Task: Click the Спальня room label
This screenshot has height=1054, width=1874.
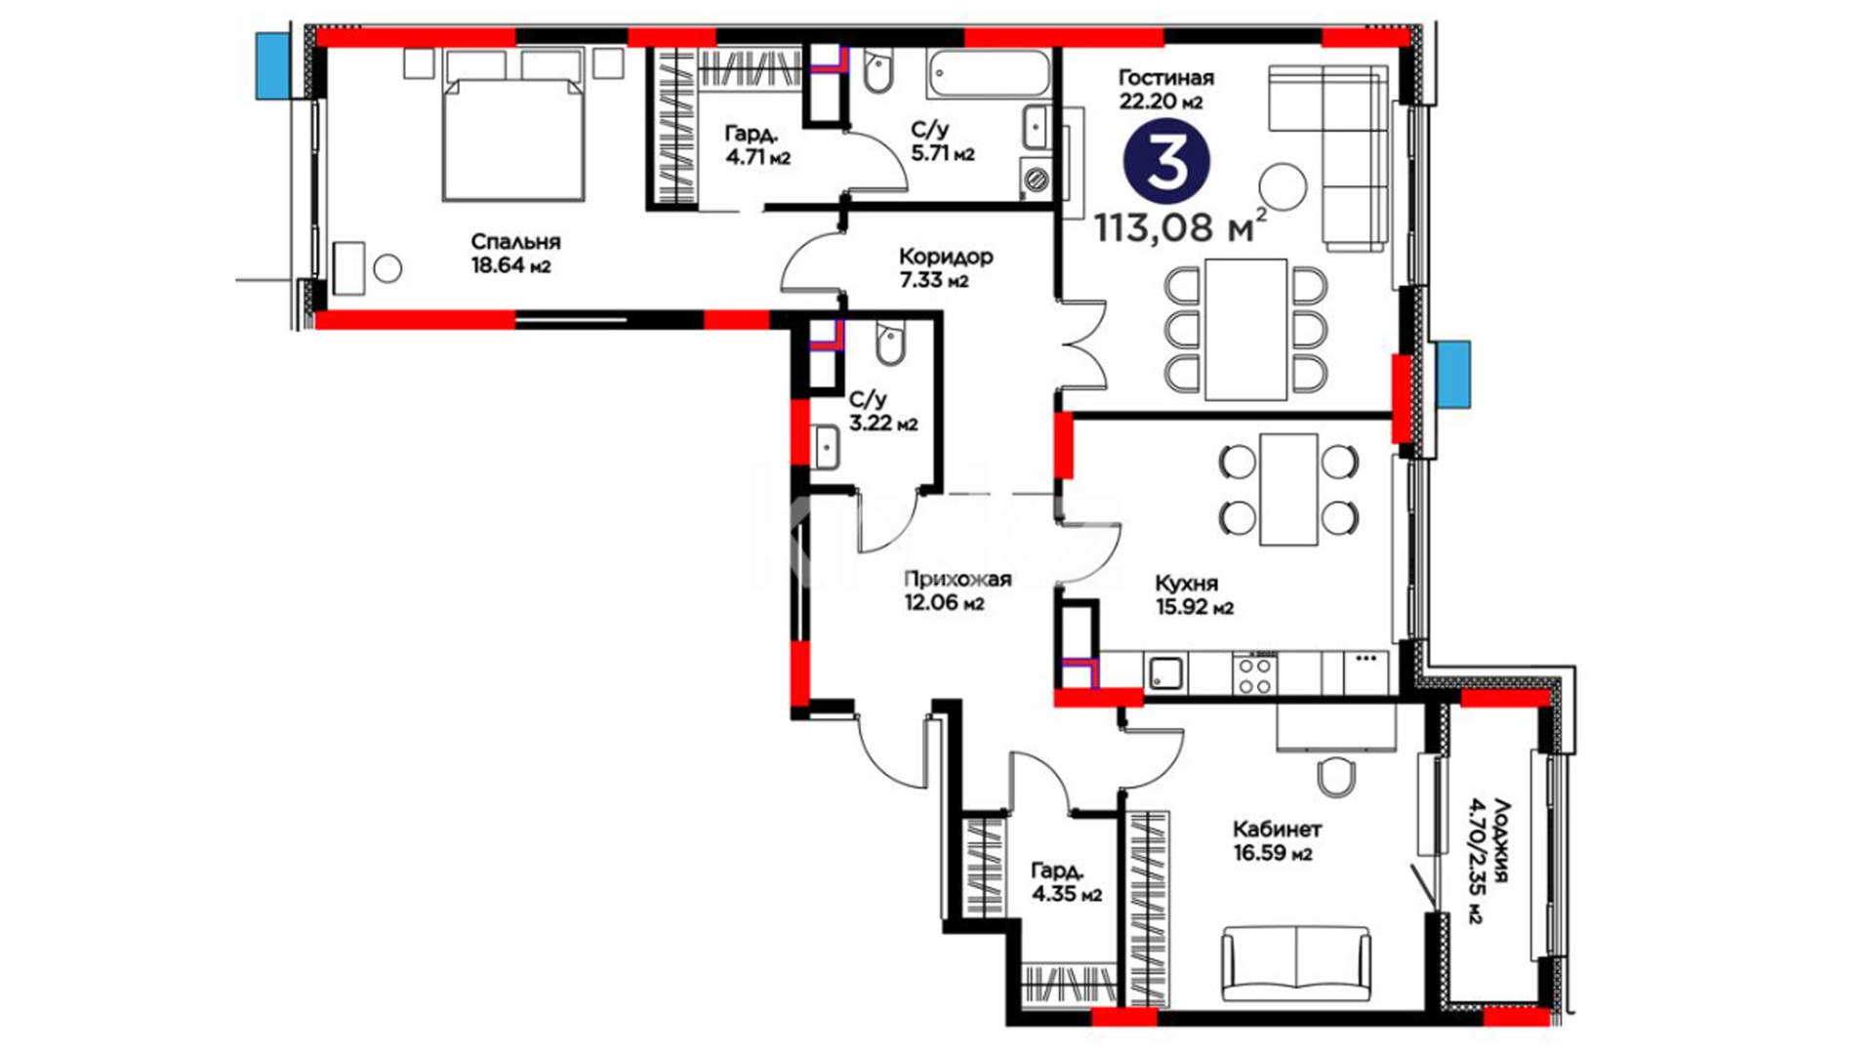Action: click(x=515, y=242)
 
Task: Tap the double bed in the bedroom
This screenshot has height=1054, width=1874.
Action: click(x=513, y=126)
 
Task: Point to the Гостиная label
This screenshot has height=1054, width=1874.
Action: click(x=1165, y=78)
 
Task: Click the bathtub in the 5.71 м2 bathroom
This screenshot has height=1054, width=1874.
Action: click(x=990, y=75)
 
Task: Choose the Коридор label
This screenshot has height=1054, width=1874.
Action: click(x=946, y=257)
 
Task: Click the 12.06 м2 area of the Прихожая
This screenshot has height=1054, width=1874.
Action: click(x=944, y=603)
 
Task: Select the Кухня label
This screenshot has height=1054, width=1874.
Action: click(x=1186, y=584)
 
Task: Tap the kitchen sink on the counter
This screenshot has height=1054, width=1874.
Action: click(x=1165, y=672)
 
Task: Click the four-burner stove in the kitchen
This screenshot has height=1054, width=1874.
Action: click(x=1255, y=673)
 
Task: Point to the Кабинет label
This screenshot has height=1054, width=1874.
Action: click(x=1277, y=830)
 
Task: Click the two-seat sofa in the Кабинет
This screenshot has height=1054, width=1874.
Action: click(x=1295, y=964)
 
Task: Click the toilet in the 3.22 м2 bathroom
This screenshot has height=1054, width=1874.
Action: click(x=889, y=344)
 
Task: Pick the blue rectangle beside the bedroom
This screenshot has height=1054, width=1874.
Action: click(x=273, y=65)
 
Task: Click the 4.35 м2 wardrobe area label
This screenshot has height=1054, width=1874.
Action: click(x=1066, y=894)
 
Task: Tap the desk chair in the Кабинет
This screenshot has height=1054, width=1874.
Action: click(x=1335, y=777)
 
